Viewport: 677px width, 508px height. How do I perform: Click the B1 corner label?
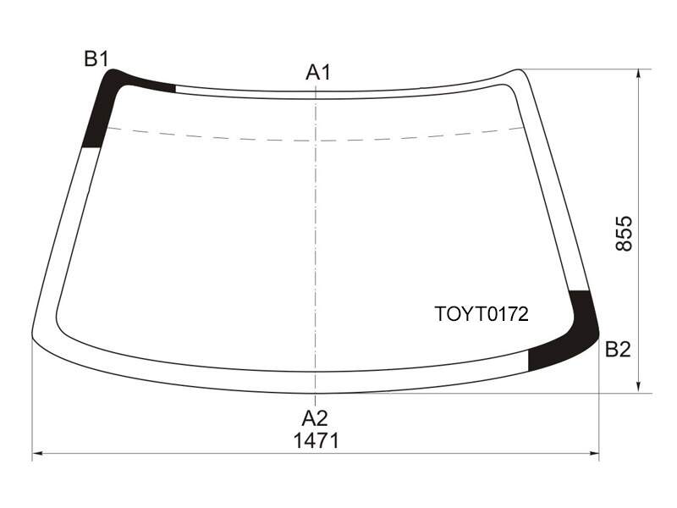[x=96, y=58]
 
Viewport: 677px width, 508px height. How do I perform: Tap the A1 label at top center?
[x=318, y=72]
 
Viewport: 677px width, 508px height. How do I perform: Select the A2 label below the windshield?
[x=315, y=418]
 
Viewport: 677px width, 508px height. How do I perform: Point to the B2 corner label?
[x=618, y=349]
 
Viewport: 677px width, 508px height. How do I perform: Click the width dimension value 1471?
[x=316, y=441]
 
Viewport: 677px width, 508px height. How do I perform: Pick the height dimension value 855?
[x=624, y=234]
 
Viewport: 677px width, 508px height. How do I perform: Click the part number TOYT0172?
[x=482, y=314]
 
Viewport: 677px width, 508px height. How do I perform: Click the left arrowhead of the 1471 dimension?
[x=37, y=453]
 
